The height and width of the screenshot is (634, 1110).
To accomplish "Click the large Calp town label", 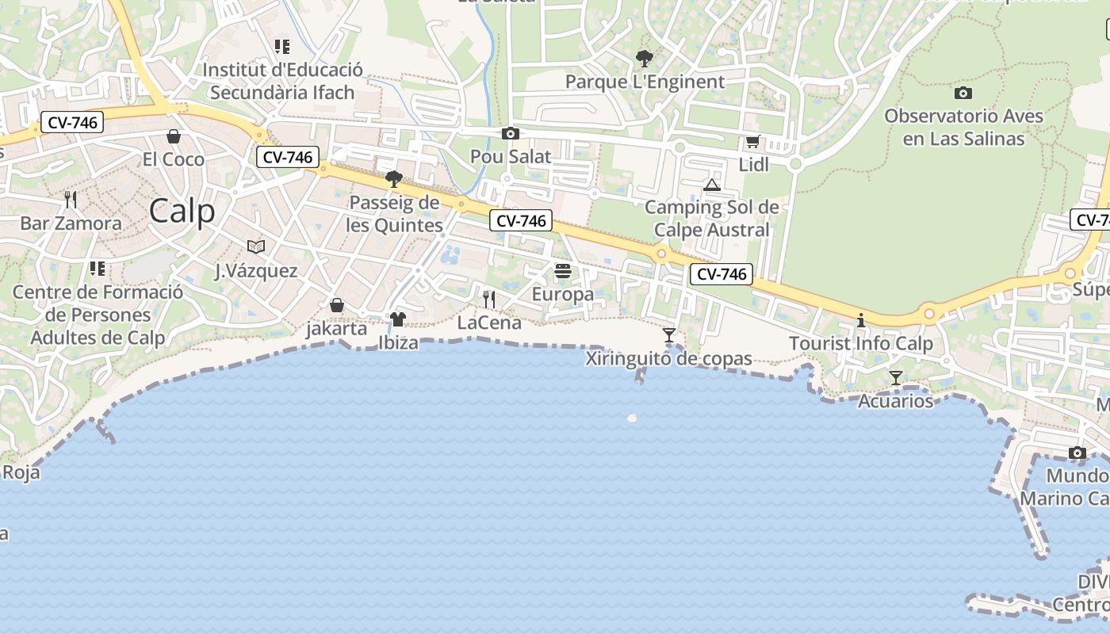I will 182,211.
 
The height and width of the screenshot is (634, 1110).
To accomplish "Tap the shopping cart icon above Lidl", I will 752,142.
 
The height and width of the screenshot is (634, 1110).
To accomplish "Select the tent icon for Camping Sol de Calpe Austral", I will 712,185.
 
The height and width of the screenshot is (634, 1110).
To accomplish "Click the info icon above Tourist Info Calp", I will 861,321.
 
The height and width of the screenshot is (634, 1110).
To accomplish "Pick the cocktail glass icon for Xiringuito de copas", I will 669,335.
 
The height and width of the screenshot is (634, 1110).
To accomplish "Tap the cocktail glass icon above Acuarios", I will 896,378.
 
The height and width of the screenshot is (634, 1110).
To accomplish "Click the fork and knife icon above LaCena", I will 489,299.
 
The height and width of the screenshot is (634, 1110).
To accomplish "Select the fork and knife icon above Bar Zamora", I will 71,199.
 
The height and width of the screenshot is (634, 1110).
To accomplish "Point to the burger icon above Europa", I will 563,271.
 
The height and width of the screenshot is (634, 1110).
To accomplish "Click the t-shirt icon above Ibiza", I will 397,319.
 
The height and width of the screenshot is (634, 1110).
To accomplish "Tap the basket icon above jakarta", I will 337,305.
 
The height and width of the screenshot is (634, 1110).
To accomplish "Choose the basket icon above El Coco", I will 174,136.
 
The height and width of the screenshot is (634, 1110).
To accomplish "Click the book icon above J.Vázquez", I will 255,247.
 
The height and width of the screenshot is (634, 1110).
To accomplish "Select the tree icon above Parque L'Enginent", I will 644,58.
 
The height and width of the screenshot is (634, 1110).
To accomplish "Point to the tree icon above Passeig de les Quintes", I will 393,179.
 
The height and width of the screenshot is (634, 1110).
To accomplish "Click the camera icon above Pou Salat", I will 511,133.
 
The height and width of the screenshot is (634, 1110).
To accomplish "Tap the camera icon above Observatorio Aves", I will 963,93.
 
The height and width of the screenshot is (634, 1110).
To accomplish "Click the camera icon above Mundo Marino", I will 1077,453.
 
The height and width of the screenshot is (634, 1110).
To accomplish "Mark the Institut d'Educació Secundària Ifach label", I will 282,81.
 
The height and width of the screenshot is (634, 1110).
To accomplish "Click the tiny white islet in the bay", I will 632,418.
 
